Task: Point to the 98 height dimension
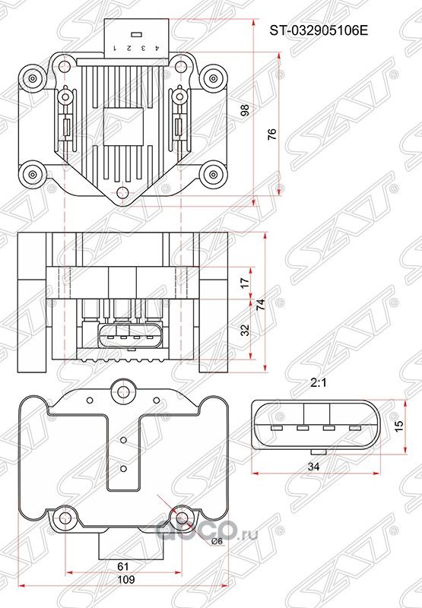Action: (244, 111)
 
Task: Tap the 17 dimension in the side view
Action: (244, 282)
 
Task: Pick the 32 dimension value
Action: (244, 329)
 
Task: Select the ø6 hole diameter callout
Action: (216, 540)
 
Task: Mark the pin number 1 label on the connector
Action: (113, 48)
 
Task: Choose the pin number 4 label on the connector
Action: (157, 48)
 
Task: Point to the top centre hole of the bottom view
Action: (120, 393)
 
